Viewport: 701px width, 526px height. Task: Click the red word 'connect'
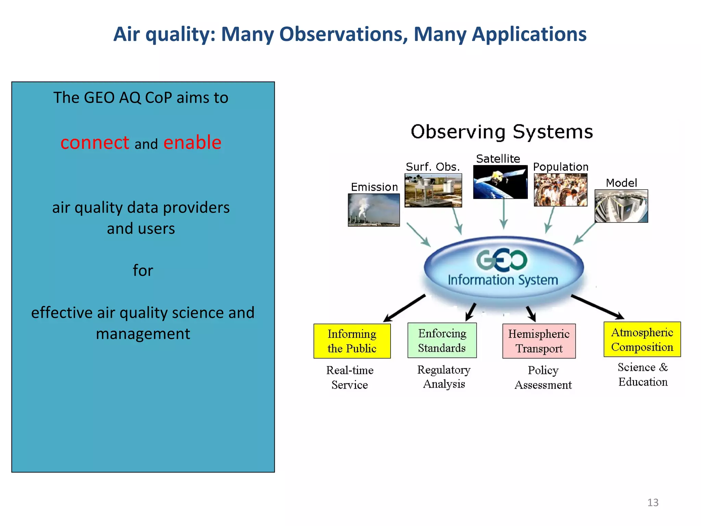pyautogui.click(x=95, y=143)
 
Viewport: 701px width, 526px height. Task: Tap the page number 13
pyautogui.click(x=653, y=502)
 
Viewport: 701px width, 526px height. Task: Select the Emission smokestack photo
pyautogui.click(x=374, y=210)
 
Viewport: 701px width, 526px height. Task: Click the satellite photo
pyautogui.click(x=500, y=182)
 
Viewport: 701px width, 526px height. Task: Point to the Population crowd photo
pyautogui.click(x=560, y=190)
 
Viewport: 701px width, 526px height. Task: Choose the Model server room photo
pyautogui.click(x=621, y=206)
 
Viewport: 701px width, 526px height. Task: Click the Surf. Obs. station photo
pyautogui.click(x=433, y=190)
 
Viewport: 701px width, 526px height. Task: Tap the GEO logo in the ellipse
pyautogui.click(x=502, y=260)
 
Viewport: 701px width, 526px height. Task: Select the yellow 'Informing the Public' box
pyautogui.click(x=352, y=341)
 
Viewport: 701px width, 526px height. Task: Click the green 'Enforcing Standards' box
pyautogui.click(x=442, y=340)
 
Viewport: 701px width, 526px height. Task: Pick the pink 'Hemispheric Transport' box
pyautogui.click(x=539, y=341)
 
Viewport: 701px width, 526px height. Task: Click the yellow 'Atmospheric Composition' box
pyautogui.click(x=642, y=339)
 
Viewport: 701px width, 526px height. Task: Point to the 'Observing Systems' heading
pyautogui.click(x=502, y=132)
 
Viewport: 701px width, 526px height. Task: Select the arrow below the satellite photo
pyautogui.click(x=504, y=214)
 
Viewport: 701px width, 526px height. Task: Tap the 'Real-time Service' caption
pyautogui.click(x=349, y=377)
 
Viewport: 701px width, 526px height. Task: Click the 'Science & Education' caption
pyautogui.click(x=642, y=374)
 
